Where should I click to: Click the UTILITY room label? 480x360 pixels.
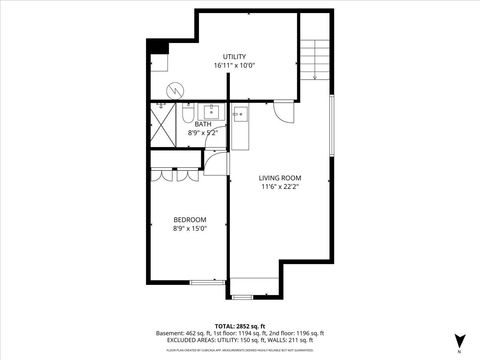[x=234, y=57]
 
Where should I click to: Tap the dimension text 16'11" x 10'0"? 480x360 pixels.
[x=234, y=66]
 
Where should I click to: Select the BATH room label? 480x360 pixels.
[x=203, y=124]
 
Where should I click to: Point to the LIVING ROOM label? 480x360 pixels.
[x=280, y=177]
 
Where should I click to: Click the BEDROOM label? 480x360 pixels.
[x=189, y=220]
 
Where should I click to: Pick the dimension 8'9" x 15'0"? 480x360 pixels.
[x=189, y=229]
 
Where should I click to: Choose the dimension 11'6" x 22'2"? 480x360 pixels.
[x=280, y=186]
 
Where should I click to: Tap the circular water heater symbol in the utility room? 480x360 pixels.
[x=175, y=90]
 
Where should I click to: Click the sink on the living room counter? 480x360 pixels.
[x=240, y=115]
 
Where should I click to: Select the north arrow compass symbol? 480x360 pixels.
[x=459, y=340]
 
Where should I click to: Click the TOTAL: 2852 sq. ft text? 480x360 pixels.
[x=240, y=326]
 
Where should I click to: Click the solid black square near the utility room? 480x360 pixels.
[x=154, y=47]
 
